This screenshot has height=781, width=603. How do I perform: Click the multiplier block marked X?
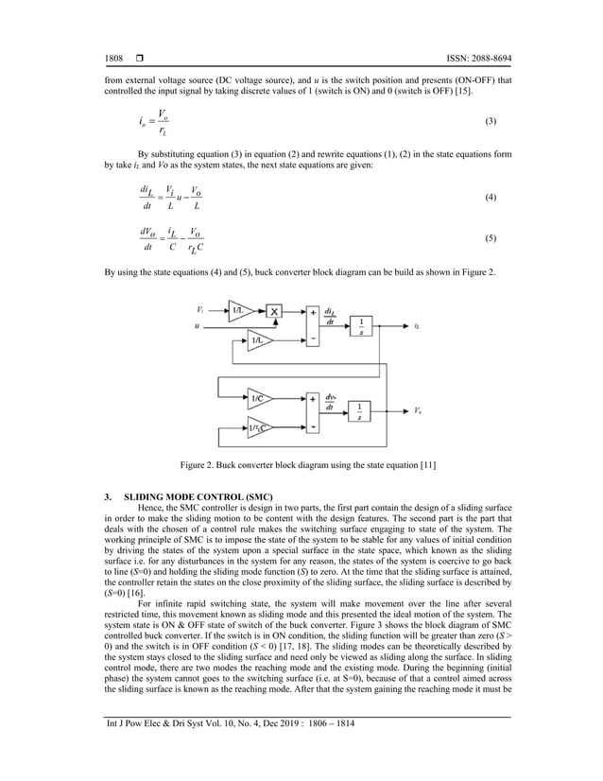(275, 310)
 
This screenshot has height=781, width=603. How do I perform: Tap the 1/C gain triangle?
(260, 397)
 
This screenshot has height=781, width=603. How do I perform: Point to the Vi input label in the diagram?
(200, 309)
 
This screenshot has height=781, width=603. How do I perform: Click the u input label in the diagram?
(197, 326)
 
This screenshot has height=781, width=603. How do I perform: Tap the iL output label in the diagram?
(417, 325)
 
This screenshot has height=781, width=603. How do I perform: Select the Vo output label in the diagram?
(418, 411)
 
